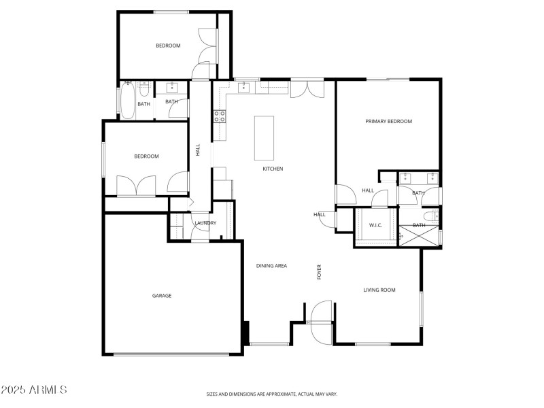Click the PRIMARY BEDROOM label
(x=388, y=122)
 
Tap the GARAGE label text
(x=161, y=296)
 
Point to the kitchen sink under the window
(x=243, y=88)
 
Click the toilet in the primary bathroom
(x=436, y=217)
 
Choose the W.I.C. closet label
(x=375, y=225)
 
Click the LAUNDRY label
(x=205, y=223)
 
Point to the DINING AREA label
(x=271, y=266)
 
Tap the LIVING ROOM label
(x=379, y=290)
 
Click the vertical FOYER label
(x=319, y=271)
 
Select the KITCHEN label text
(x=273, y=169)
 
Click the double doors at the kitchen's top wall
(x=307, y=88)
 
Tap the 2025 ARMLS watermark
(x=34, y=390)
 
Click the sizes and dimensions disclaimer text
(x=271, y=394)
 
